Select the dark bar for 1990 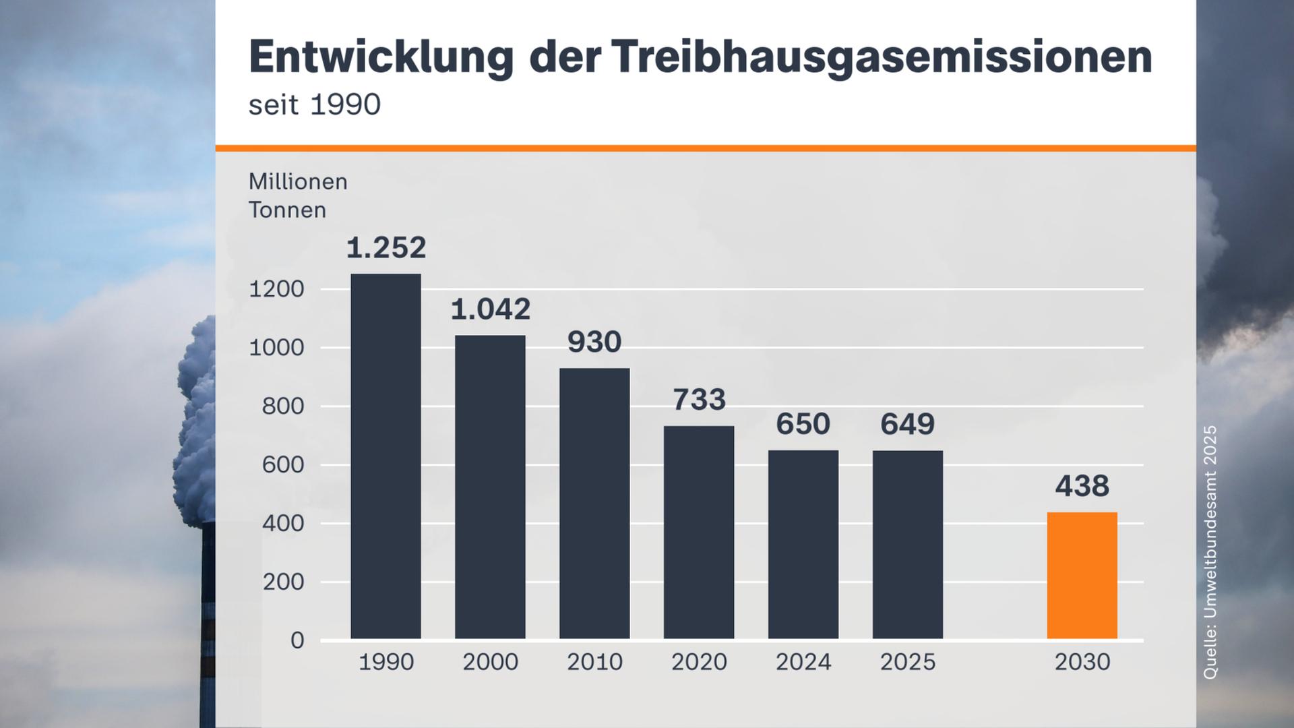386,456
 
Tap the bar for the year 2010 594,504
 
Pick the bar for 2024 803,544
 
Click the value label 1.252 386,248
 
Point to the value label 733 699,400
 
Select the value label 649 907,424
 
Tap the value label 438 1082,486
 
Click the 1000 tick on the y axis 276,348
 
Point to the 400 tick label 283,523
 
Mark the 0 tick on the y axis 297,640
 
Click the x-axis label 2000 490,662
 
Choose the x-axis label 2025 907,662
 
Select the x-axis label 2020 699,662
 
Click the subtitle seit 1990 314,105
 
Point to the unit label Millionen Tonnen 297,195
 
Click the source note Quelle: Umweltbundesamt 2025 1210,551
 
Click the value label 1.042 490,309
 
